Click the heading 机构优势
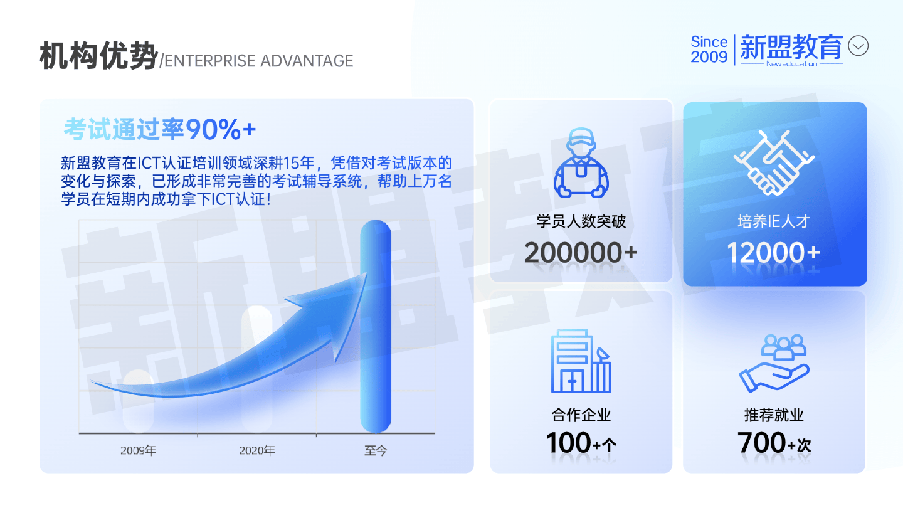click(x=98, y=56)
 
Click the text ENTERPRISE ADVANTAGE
click(x=259, y=61)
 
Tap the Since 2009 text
click(x=709, y=50)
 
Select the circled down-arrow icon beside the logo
click(x=858, y=46)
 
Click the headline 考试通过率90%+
click(x=160, y=129)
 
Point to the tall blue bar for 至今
click(x=376, y=327)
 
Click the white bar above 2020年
click(x=257, y=369)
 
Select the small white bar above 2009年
click(x=138, y=401)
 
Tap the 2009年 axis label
click(x=138, y=450)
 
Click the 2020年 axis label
click(x=257, y=450)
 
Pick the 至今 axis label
click(x=375, y=450)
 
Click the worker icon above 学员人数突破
click(x=581, y=163)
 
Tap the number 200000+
click(x=581, y=253)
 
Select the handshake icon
click(x=774, y=163)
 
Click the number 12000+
click(x=774, y=253)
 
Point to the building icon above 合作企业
click(x=581, y=361)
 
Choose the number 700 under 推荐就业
click(x=761, y=443)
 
